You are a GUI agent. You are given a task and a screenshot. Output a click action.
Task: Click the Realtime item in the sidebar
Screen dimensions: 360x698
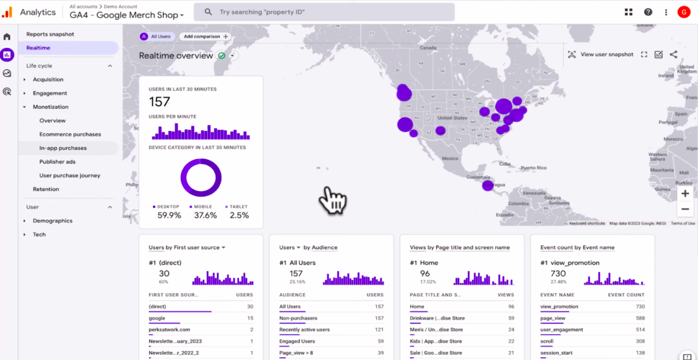click(x=38, y=48)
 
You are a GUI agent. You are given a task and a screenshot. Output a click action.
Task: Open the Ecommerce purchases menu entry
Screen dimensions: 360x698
click(x=70, y=134)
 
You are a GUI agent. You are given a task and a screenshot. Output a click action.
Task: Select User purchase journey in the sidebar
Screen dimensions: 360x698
click(x=70, y=176)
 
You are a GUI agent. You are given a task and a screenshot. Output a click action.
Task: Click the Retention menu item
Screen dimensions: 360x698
click(x=46, y=189)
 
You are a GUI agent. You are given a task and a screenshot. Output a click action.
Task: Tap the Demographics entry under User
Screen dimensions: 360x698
click(x=52, y=221)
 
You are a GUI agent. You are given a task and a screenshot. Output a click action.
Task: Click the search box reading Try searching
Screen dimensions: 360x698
click(x=324, y=12)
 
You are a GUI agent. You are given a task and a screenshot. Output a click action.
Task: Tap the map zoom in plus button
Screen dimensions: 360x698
click(x=685, y=194)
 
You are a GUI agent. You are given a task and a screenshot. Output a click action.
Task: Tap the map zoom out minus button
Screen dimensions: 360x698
click(x=685, y=209)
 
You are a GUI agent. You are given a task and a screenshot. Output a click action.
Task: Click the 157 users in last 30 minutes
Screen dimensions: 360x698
click(x=160, y=102)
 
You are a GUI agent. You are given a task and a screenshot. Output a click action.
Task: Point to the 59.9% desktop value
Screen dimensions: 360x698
click(x=169, y=215)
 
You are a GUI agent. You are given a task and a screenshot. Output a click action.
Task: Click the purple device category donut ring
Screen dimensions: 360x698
click(x=201, y=163)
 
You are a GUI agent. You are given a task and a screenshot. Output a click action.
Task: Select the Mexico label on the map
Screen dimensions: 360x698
click(x=450, y=159)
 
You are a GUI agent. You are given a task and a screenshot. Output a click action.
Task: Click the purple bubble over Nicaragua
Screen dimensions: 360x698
click(x=488, y=185)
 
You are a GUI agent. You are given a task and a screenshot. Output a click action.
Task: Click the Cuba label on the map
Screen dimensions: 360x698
click(x=505, y=164)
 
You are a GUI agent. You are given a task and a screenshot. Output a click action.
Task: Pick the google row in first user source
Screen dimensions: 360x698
click(x=157, y=319)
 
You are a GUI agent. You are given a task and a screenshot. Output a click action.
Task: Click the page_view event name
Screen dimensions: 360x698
click(x=552, y=319)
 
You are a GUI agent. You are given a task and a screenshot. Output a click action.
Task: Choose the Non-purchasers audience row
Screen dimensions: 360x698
click(x=298, y=319)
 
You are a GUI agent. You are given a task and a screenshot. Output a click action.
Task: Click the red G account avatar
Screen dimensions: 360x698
click(x=683, y=12)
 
